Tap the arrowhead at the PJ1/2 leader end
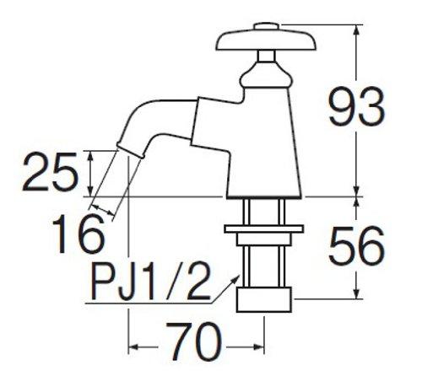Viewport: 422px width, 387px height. [x=230, y=286]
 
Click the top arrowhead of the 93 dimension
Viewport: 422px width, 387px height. [x=355, y=28]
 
